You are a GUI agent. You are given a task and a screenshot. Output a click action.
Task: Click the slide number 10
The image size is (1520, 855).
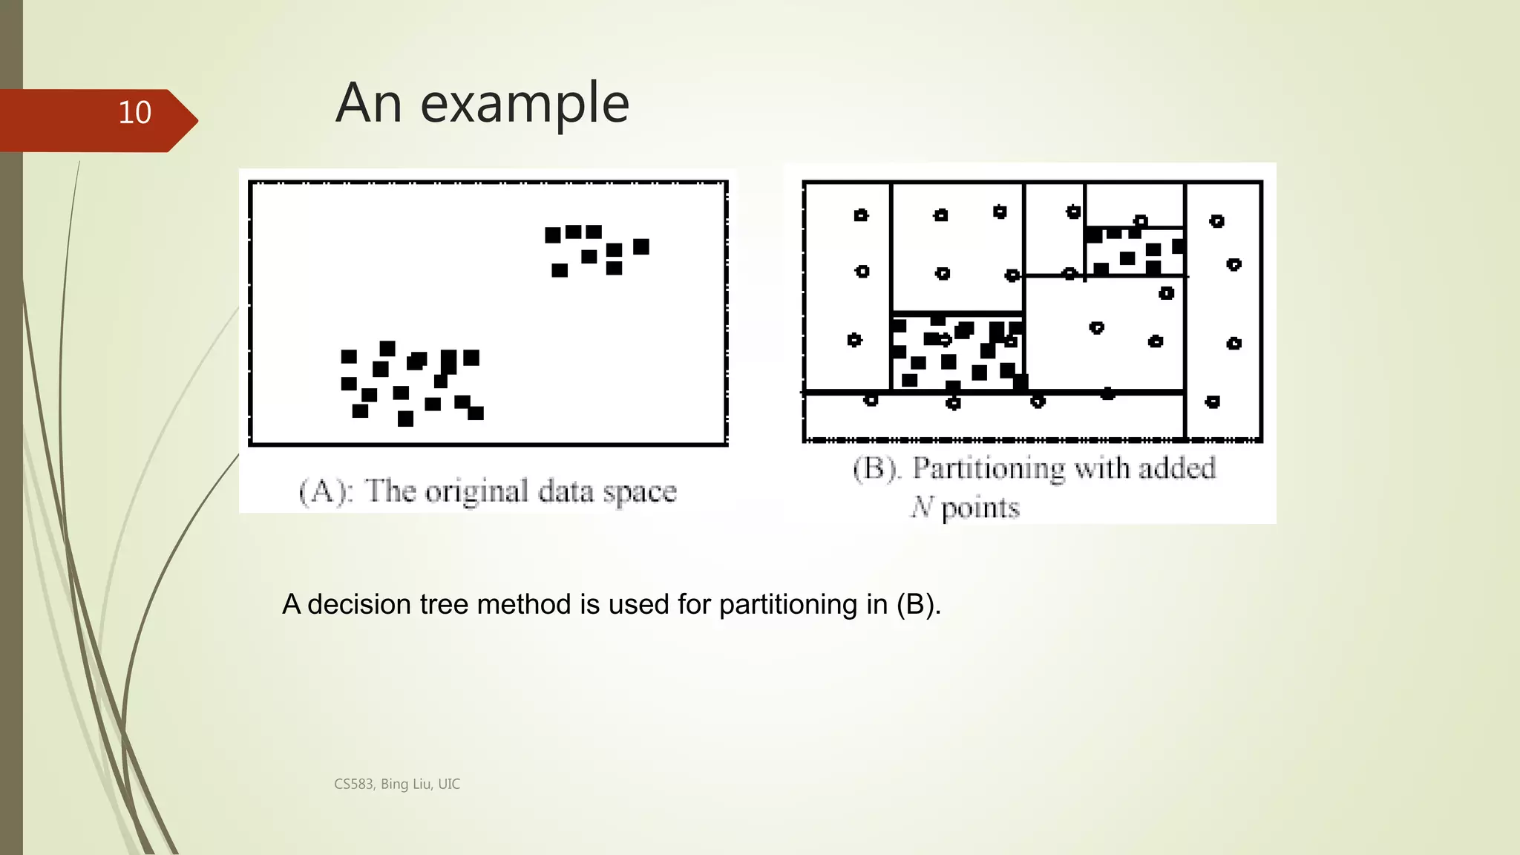[134, 113]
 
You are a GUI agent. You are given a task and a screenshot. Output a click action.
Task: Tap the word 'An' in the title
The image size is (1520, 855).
[368, 103]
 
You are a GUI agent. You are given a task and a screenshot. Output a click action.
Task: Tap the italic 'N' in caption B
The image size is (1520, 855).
[922, 507]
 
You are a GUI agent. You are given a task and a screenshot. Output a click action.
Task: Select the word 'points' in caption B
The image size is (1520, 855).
[980, 508]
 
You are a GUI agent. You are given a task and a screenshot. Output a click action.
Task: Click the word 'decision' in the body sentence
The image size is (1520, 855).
[359, 604]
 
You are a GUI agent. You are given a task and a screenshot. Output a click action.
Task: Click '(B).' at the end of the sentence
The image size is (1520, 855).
[919, 604]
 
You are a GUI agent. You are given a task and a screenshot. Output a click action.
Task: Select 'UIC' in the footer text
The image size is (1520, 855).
[449, 784]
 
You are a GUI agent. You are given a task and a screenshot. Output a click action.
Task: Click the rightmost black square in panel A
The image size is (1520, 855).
[641, 246]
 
